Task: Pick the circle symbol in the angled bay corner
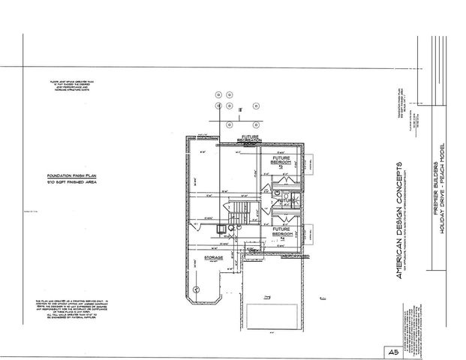[x=197, y=289]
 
